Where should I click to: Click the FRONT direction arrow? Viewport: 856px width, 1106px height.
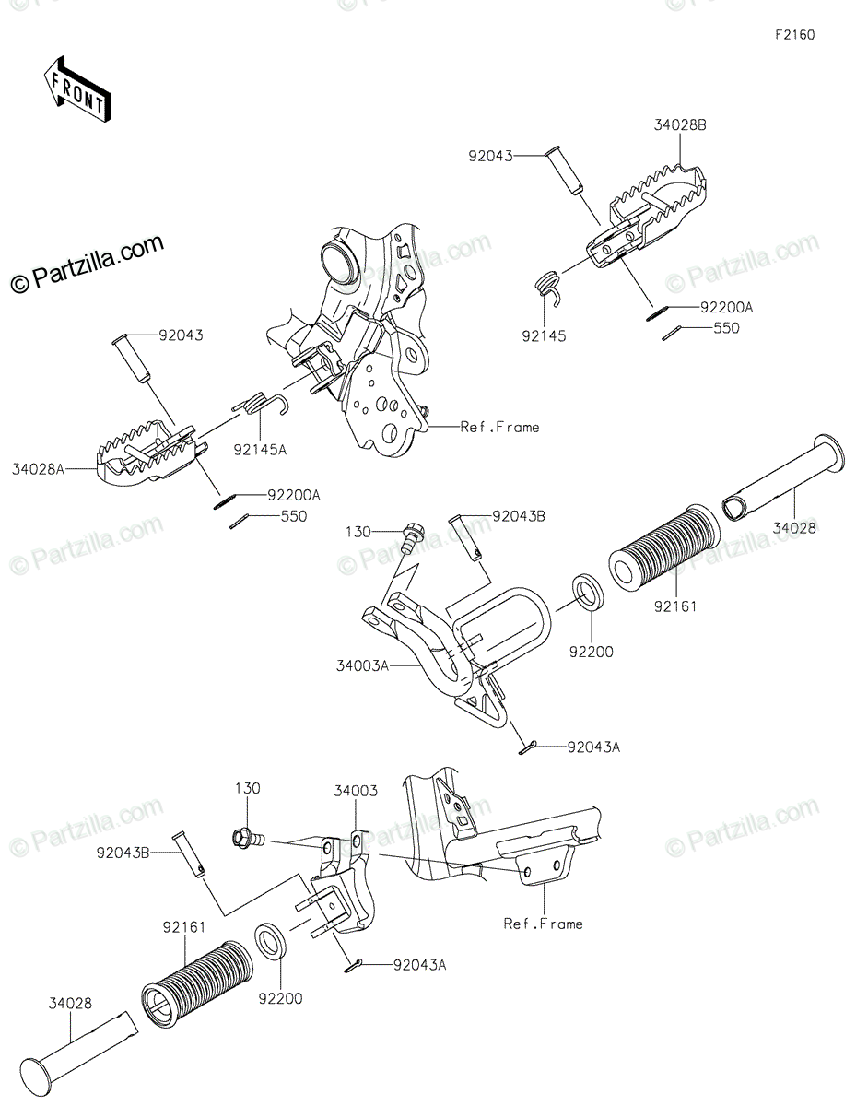pos(76,88)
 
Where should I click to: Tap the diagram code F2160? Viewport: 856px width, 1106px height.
pos(794,36)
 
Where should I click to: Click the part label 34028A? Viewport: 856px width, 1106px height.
pos(38,470)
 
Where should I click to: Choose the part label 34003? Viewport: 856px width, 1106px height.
pos(354,791)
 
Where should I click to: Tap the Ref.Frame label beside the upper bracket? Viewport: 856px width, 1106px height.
pos(500,427)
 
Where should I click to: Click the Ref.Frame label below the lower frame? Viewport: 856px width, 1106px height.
pos(544,923)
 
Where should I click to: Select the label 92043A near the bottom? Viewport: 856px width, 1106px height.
pos(419,965)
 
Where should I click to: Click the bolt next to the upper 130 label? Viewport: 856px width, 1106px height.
pos(410,535)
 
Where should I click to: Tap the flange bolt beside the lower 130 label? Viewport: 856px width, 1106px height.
pos(245,838)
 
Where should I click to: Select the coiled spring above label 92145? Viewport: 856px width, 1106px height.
pos(550,282)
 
